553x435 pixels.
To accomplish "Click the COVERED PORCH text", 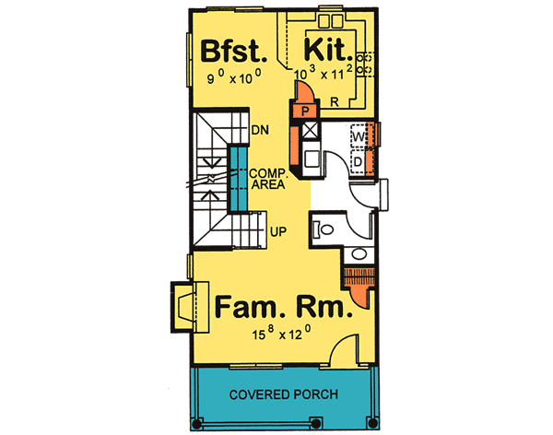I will pos(284,394).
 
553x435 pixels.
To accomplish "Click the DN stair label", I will pos(259,130).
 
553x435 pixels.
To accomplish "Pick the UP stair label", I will pos(276,230).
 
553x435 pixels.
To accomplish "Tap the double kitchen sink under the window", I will pos(329,19).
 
